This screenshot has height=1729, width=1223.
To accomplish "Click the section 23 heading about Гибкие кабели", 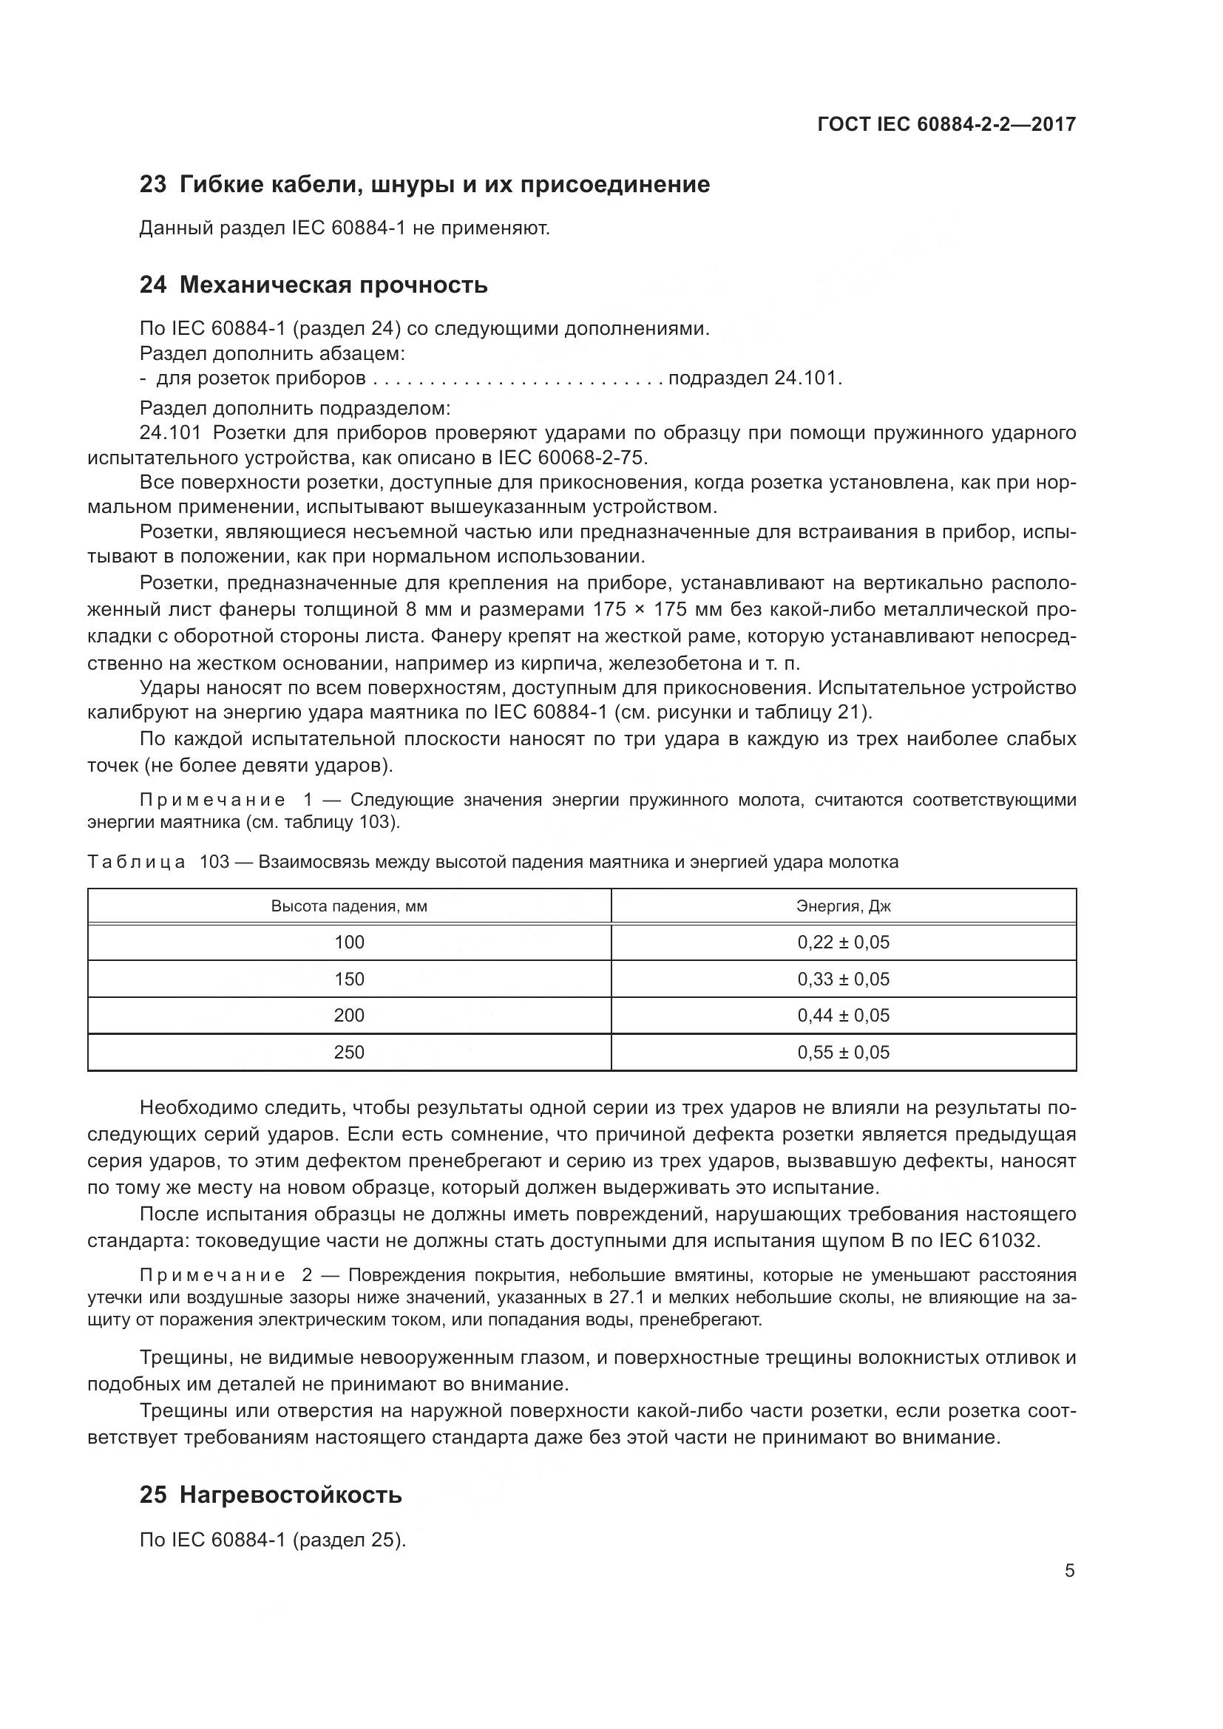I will [x=424, y=185].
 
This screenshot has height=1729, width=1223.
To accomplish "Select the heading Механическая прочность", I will [x=314, y=285].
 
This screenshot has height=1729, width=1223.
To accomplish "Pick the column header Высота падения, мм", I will [x=349, y=906].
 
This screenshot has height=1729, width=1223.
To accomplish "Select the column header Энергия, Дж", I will [x=844, y=906].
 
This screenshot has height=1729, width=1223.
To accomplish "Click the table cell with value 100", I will [x=349, y=942].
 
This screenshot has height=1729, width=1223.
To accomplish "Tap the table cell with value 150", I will [x=349, y=979].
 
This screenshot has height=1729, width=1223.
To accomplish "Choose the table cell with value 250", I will [x=349, y=1052].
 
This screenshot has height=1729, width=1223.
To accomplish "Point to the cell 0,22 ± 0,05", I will [x=844, y=942].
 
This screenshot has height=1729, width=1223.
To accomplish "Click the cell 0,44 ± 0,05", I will [x=844, y=1015].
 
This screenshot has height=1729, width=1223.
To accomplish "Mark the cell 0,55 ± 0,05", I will [x=844, y=1052].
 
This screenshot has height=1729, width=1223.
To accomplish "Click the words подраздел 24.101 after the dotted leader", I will [x=753, y=378].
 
